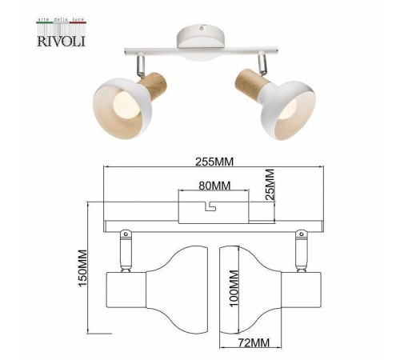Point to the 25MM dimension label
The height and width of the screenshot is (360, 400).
click(270, 186)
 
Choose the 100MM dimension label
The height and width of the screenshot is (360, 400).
click(234, 286)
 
